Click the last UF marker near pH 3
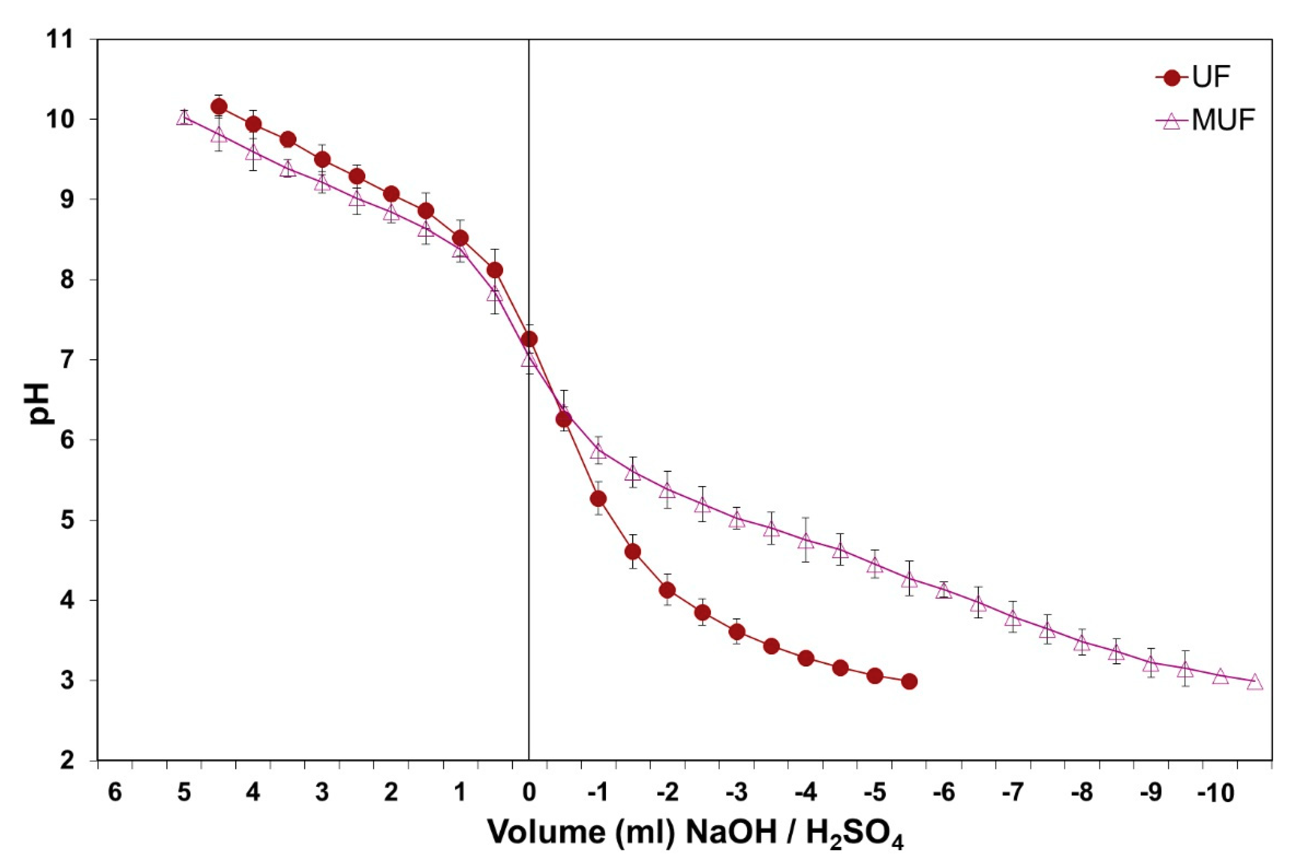pos(909,681)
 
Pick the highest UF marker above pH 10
pos(219,106)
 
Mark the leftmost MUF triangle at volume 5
pos(184,118)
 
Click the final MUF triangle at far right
pos(1254,683)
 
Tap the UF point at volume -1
pos(598,498)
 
